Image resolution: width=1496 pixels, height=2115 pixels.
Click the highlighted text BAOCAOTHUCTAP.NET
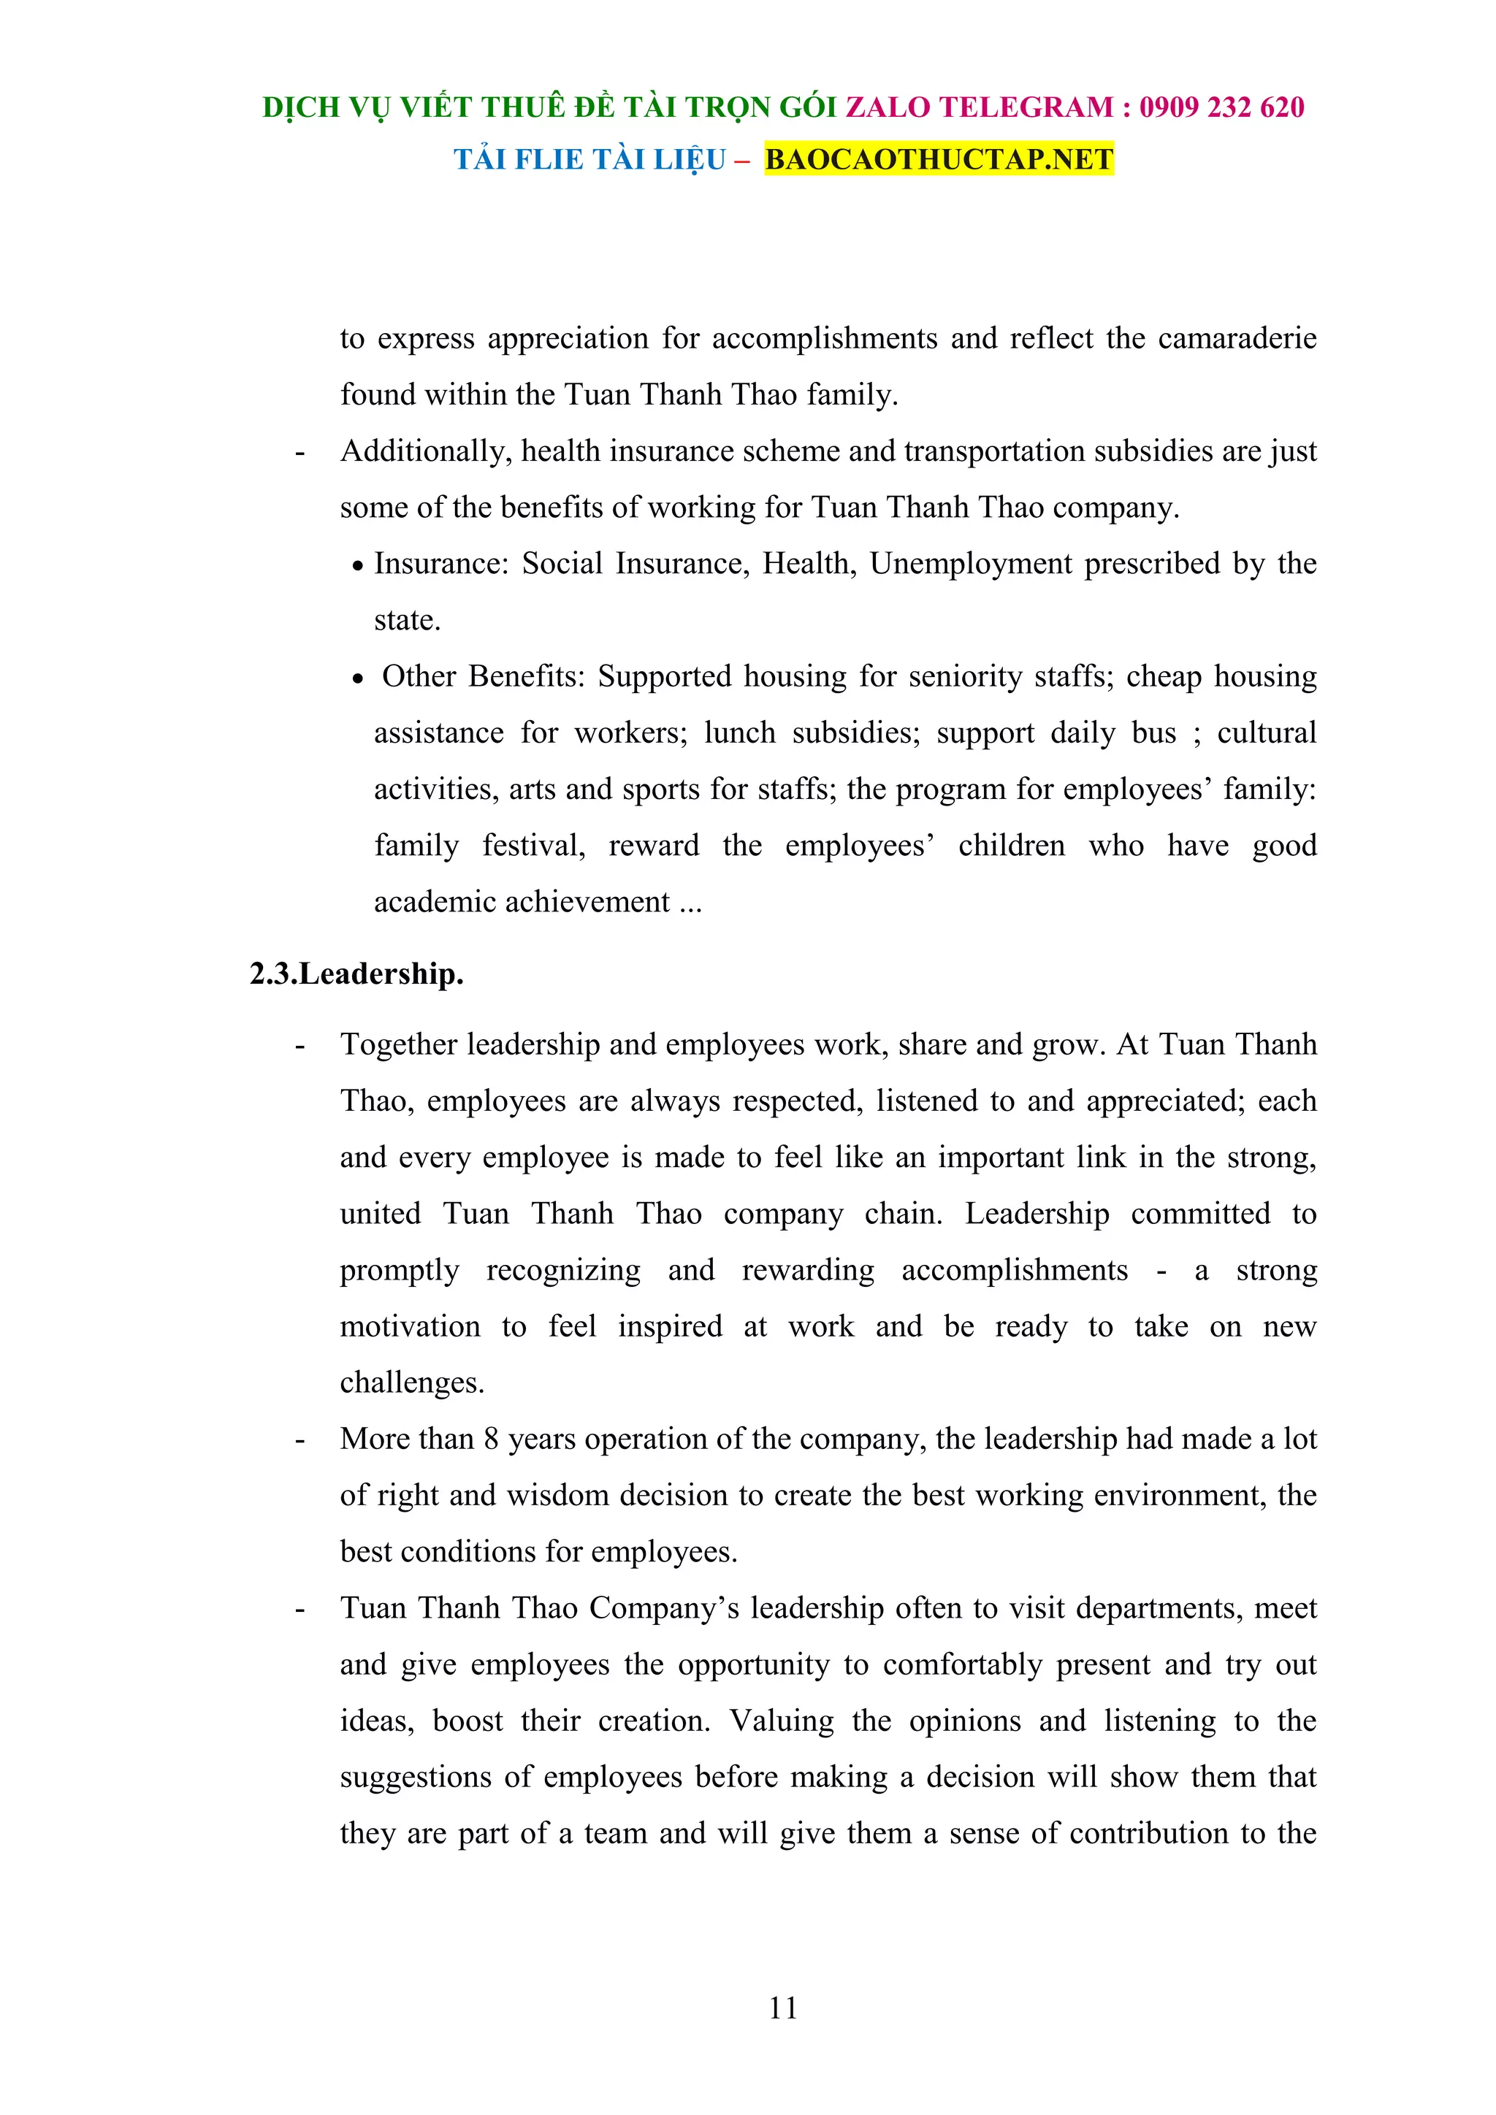(939, 159)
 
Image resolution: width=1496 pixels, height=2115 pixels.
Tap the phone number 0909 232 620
(1221, 108)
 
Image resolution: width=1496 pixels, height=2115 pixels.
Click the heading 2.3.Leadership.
(356, 974)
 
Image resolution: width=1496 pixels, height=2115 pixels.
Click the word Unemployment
(970, 564)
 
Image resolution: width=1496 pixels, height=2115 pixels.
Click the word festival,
(533, 846)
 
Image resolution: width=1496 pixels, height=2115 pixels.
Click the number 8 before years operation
(491, 1439)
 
